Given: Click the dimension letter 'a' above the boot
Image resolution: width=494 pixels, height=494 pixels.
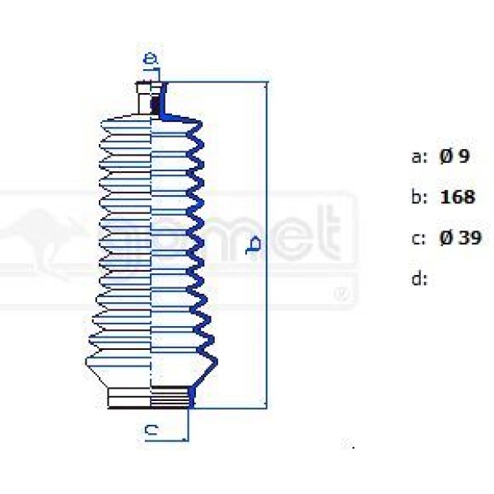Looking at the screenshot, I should coord(150,58).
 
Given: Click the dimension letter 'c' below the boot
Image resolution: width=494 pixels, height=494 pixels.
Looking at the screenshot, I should coord(151,429).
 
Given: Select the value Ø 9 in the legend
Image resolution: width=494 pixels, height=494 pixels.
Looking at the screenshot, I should coord(454,156).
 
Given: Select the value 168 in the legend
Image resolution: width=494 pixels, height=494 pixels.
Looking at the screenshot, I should coord(458,198).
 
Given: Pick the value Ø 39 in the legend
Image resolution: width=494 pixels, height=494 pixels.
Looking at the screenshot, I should coord(459,238).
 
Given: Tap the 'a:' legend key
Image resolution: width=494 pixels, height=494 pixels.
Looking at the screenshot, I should coord(418,156).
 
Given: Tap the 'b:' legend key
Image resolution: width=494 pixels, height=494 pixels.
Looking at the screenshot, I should coord(418,198).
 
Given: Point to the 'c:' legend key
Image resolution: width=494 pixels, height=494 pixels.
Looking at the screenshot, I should coord(418,238).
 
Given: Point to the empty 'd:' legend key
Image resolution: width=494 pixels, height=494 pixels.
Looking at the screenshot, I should coord(418,278).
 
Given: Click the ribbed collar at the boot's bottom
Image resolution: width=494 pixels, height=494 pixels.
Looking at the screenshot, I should coord(151,397).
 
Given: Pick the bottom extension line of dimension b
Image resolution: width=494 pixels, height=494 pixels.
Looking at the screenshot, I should coord(231,408).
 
